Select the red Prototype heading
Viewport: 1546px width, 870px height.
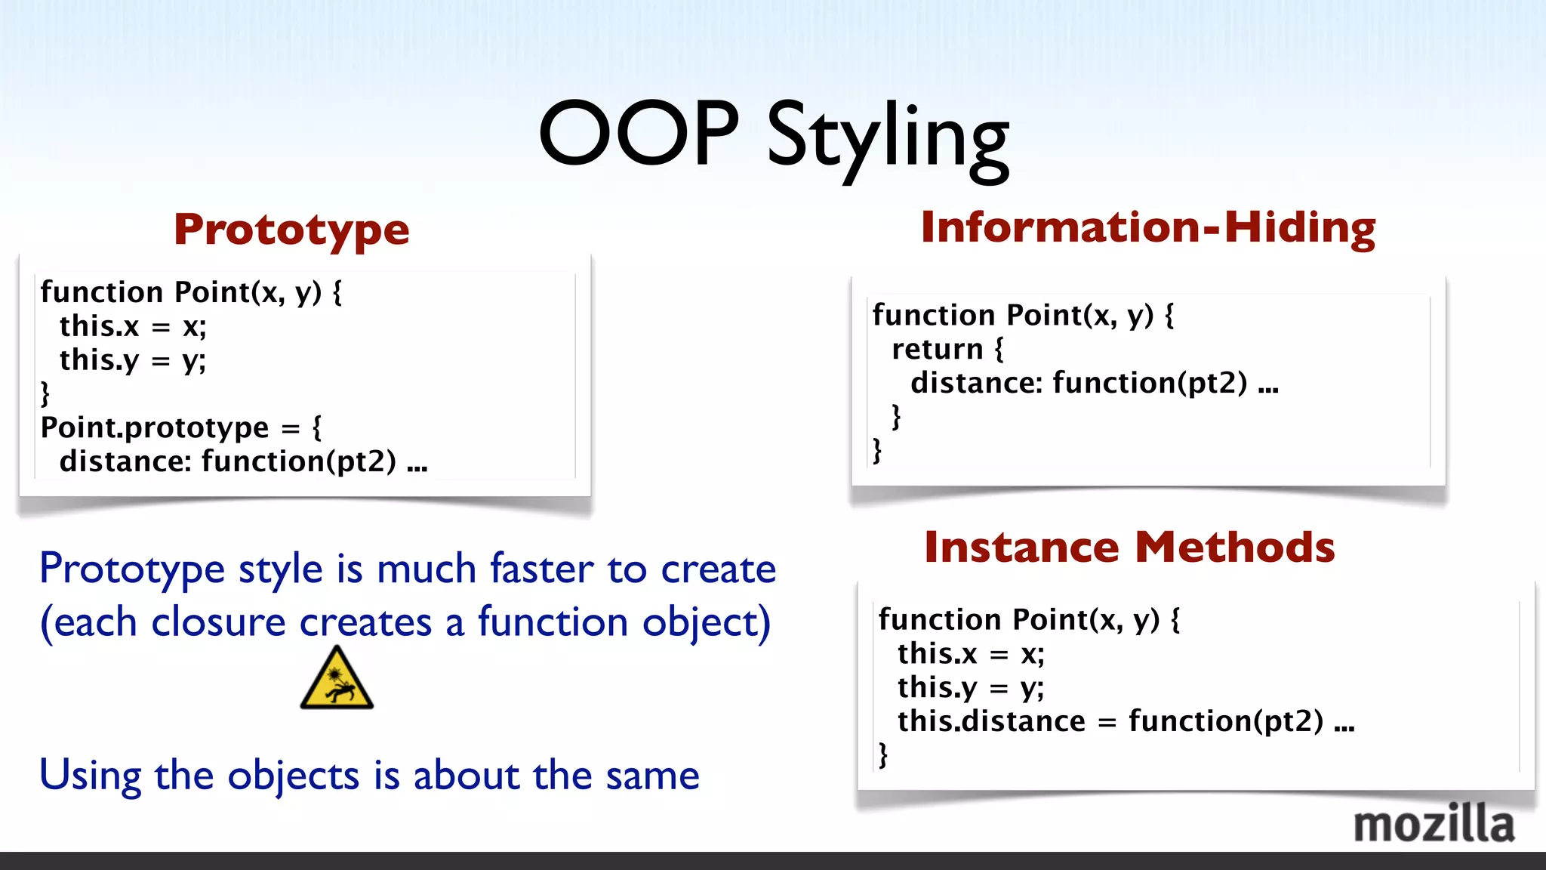click(x=291, y=230)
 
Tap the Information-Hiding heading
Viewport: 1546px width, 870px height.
click(x=1147, y=227)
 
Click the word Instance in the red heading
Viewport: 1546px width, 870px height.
click(x=1021, y=548)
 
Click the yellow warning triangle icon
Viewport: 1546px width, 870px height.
click(x=337, y=679)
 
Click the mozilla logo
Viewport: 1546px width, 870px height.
click(x=1434, y=824)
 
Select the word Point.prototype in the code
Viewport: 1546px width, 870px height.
click(x=155, y=428)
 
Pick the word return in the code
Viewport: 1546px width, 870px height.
click(x=937, y=350)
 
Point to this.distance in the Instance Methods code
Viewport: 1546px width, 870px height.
click(x=990, y=721)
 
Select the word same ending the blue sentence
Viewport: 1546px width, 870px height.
click(x=652, y=776)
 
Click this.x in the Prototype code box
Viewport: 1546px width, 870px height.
click(x=100, y=326)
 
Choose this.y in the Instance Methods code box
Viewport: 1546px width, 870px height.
click(x=937, y=687)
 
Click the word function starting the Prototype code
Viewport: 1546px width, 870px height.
click(x=101, y=292)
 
